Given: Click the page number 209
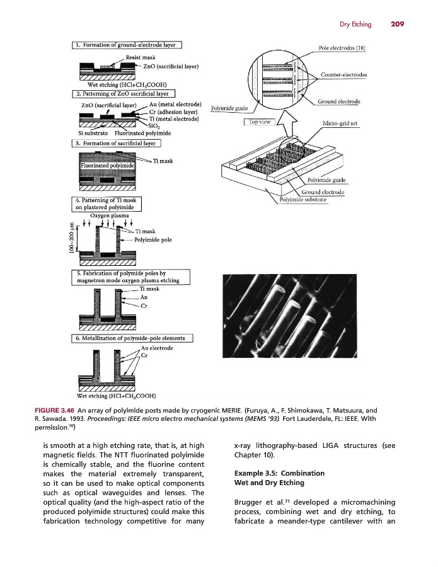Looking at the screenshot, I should click(396, 24).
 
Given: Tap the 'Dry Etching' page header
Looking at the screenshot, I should click(355, 24).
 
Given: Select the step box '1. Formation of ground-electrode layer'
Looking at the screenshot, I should click(127, 45).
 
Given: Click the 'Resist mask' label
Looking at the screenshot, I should click(142, 57).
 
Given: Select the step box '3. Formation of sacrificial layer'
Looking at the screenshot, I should click(117, 144).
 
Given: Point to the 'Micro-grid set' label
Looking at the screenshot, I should click(340, 123).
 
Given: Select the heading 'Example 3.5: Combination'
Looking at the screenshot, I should click(270, 472).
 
